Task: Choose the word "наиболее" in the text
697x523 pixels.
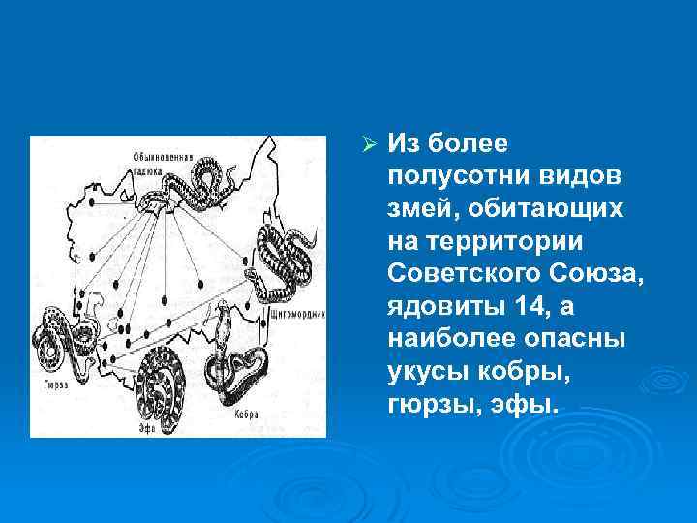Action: (x=445, y=342)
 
